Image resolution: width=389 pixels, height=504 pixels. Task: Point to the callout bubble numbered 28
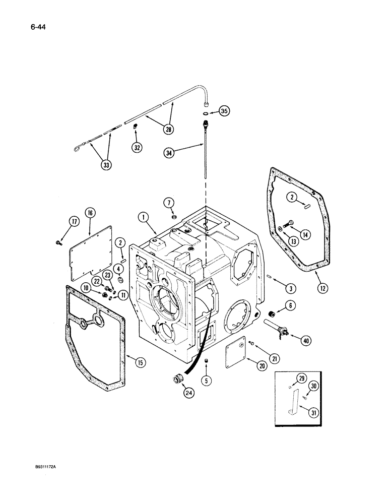[x=168, y=130]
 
